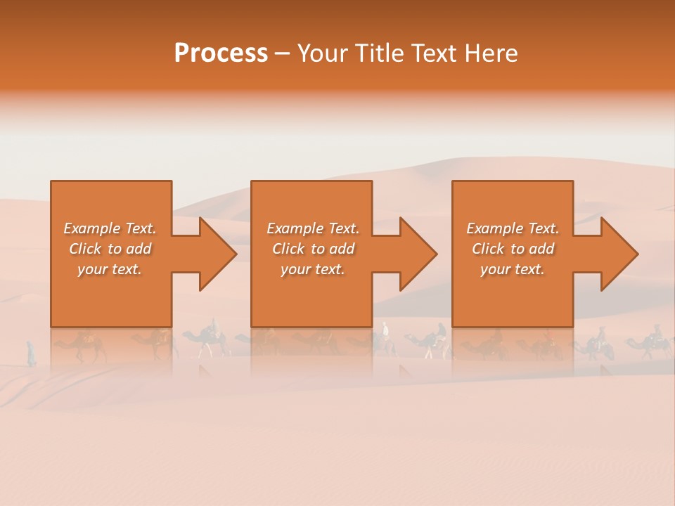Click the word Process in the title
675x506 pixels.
coord(221,53)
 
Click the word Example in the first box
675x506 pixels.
coord(92,228)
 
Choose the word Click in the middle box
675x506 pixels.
coord(288,249)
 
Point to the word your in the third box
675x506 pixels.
coord(495,270)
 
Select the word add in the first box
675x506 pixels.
coord(139,249)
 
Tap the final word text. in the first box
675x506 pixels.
coord(127,270)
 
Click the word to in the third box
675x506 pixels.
coord(517,249)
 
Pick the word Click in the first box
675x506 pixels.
coord(85,249)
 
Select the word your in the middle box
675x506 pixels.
coord(295,270)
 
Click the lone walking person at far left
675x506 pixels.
coord(31,353)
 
